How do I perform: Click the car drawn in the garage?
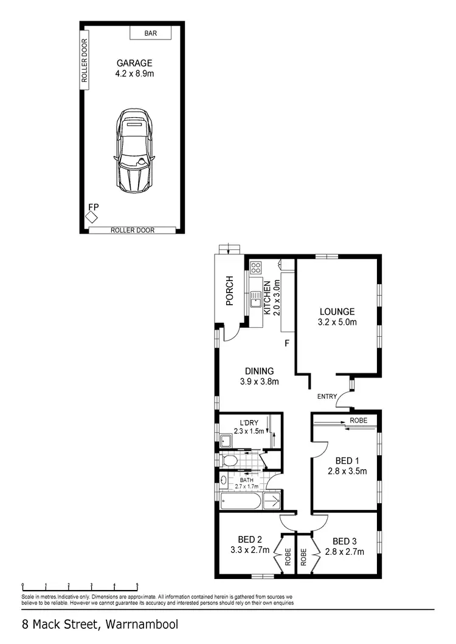coord(134,151)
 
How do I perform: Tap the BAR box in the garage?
coord(150,33)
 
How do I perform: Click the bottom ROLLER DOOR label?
coord(133,230)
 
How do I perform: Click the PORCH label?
coord(230,291)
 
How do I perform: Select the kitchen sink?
coord(256,298)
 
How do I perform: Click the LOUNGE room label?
coord(337,311)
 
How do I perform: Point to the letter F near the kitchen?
coord(287,344)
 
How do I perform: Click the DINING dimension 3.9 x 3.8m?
coord(259,382)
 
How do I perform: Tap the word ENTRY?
coord(326,396)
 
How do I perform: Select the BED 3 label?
coord(344,541)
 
